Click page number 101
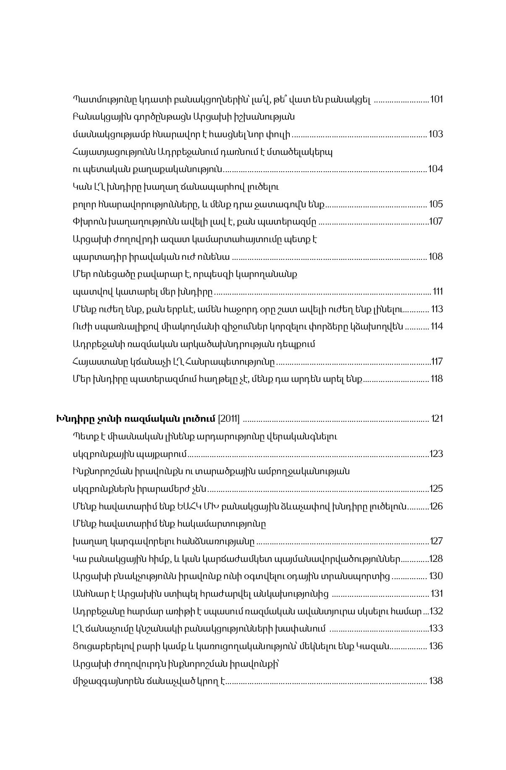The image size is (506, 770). (x=436, y=99)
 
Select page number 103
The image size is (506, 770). (x=435, y=134)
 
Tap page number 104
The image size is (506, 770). (x=435, y=169)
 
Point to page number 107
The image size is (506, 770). (x=435, y=221)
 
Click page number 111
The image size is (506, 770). (x=438, y=291)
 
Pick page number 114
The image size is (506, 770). (x=437, y=326)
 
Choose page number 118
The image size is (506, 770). (x=437, y=378)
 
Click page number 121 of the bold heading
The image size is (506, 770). (x=437, y=418)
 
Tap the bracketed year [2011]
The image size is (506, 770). (x=229, y=419)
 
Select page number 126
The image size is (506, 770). (x=436, y=506)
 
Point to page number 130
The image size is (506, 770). (x=436, y=576)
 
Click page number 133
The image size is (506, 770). (x=436, y=628)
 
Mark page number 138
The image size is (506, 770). (x=435, y=681)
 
